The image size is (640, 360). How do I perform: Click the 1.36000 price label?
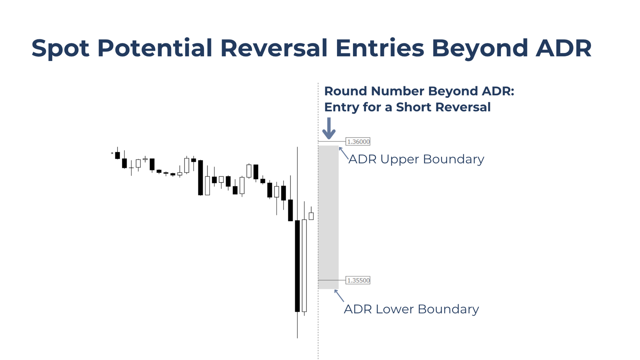click(x=358, y=142)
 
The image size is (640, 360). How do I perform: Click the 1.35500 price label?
click(x=358, y=280)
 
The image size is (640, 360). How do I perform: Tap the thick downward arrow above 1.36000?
click(x=329, y=128)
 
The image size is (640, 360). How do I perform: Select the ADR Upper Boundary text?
click(x=416, y=159)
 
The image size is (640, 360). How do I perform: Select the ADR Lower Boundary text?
click(x=411, y=309)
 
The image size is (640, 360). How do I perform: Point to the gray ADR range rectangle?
click(x=328, y=217)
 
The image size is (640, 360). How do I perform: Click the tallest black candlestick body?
click(x=297, y=266)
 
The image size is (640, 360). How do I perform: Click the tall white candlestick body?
click(x=304, y=266)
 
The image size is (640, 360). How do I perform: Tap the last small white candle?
click(x=311, y=216)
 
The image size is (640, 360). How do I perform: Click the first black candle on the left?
click(x=117, y=155)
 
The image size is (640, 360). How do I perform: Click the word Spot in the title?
click(x=60, y=49)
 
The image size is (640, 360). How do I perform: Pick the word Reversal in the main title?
click(x=274, y=48)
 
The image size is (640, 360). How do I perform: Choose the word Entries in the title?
click(x=380, y=48)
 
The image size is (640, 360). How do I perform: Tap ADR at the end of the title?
click(x=564, y=48)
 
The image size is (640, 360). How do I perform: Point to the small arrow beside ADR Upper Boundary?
click(x=344, y=153)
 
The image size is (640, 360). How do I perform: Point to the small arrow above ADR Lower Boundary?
click(x=339, y=296)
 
